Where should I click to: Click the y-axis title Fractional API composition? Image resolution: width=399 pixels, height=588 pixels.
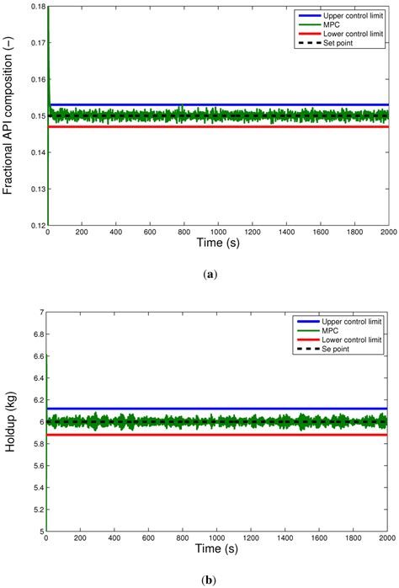pyautogui.click(x=10, y=118)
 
